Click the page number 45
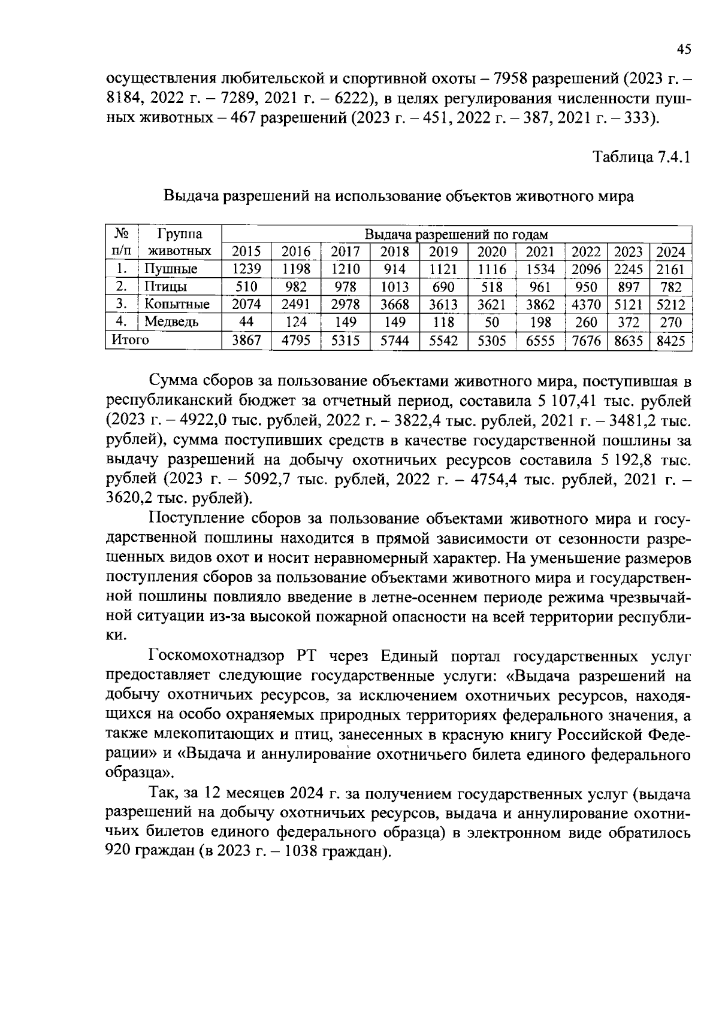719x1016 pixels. [684, 50]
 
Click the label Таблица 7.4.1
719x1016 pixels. [642, 157]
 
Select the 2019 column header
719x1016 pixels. [443, 252]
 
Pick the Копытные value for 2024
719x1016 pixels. [670, 305]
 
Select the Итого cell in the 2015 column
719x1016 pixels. [246, 341]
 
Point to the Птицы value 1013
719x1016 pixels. [395, 287]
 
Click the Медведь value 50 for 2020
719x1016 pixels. [492, 323]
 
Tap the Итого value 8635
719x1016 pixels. [628, 341]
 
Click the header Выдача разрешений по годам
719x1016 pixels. [456, 234]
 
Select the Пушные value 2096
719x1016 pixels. [586, 269]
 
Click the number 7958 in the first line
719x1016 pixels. [511, 78]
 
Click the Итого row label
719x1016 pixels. [128, 340]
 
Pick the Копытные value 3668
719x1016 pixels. [395, 305]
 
